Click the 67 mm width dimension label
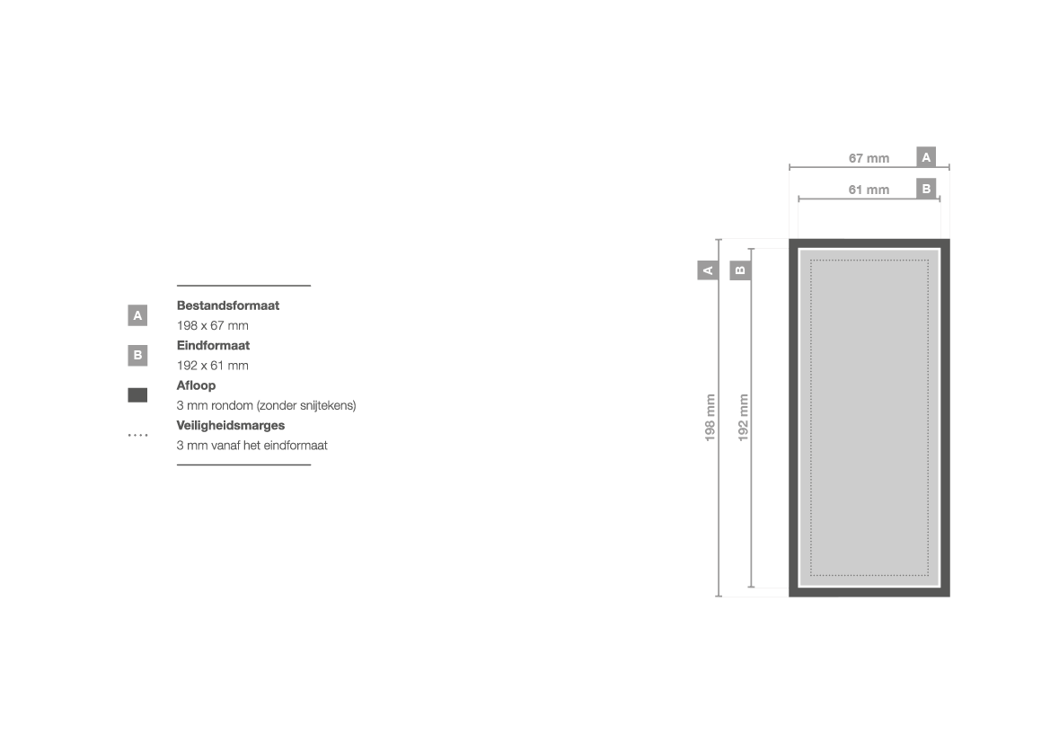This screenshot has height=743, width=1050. [869, 158]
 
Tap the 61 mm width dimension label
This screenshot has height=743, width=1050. [869, 190]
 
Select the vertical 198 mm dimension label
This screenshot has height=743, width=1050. [710, 418]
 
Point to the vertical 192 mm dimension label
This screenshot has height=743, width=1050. [743, 418]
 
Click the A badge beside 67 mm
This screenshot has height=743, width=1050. [926, 157]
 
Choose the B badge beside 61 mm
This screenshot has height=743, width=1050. [926, 189]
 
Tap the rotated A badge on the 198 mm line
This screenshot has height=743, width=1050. [708, 270]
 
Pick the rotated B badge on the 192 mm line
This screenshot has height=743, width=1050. [740, 270]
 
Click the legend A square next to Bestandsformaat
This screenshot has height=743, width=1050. [137, 315]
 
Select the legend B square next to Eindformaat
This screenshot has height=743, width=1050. [137, 355]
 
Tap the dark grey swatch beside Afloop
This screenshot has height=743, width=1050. [137, 395]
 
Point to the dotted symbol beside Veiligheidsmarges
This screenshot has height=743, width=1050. [138, 436]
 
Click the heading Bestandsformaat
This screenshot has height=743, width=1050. [227, 305]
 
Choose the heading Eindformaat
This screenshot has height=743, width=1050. [213, 346]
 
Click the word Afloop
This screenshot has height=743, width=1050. [196, 385]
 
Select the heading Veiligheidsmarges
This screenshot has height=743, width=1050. [230, 426]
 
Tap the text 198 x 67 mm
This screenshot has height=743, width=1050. [212, 325]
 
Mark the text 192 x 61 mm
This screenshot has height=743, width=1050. [212, 366]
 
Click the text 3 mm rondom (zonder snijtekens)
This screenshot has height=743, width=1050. [267, 406]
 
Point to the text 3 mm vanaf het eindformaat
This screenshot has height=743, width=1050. [251, 446]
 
